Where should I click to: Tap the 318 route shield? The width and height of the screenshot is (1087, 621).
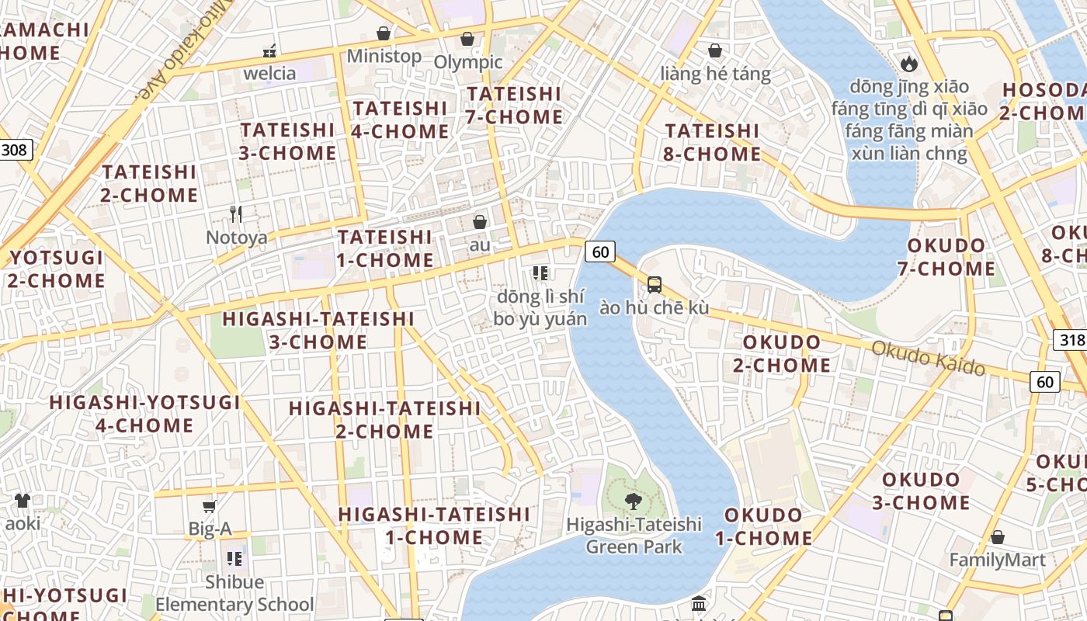point(1070,340)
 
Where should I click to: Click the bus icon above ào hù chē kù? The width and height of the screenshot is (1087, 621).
point(655,285)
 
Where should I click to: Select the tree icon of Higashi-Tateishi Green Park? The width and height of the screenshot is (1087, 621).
point(634,501)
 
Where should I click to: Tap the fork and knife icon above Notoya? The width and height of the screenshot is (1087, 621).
point(236,213)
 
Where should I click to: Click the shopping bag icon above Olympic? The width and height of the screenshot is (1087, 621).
point(467,39)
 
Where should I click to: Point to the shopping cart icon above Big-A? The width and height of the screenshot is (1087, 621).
point(209,507)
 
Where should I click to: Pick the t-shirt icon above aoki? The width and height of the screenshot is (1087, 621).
point(22,501)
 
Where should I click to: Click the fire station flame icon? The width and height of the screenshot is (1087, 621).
point(909,64)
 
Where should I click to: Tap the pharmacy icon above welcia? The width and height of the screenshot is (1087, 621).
point(269,51)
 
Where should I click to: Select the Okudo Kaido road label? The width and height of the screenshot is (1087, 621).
point(928,358)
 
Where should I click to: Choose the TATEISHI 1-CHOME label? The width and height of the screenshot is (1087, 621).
point(385,248)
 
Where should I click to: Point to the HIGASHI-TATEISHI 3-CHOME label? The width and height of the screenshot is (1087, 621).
point(318,331)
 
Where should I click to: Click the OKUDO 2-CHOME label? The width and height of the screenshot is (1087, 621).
point(786,354)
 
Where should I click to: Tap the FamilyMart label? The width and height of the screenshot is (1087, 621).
point(997,560)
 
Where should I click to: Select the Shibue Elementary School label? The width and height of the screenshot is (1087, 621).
point(234,593)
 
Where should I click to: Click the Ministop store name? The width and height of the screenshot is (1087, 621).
point(384,56)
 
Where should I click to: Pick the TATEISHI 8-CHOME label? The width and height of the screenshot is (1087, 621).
point(712,142)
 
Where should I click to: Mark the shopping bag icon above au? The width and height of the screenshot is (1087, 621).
point(480,222)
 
